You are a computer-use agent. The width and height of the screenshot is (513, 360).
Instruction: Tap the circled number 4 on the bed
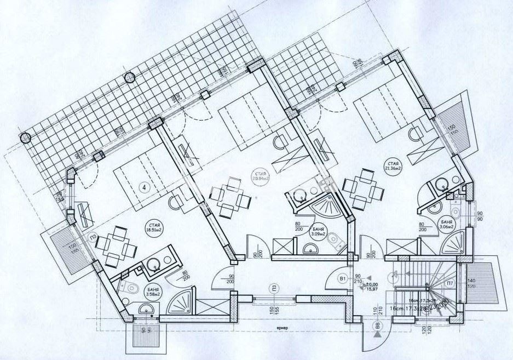coord(145,187)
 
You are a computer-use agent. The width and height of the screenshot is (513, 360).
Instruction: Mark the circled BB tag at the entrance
coord(378,327)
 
